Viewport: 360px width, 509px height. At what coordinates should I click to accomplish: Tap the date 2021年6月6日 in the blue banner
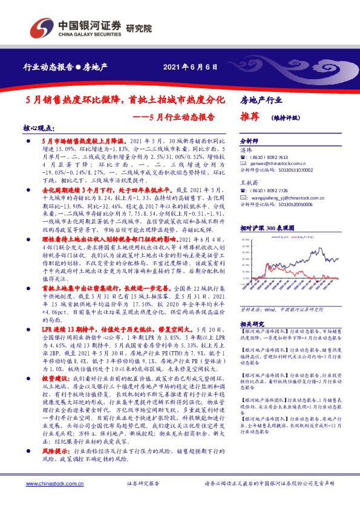click(x=190, y=66)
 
